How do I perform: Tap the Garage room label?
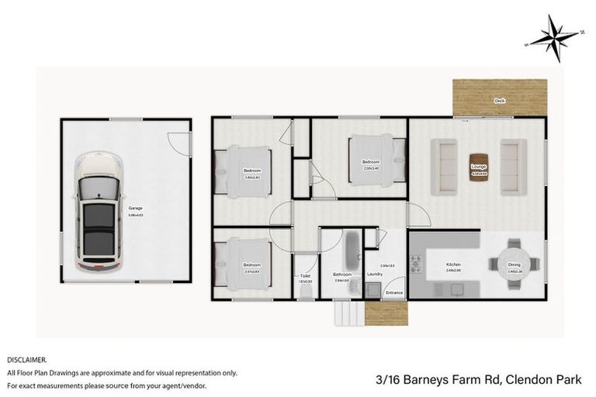(136, 208)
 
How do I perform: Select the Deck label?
(499, 101)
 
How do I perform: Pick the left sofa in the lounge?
(444, 167)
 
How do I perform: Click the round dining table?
(514, 264)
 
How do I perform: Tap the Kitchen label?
(453, 264)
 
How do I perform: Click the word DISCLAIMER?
(27, 361)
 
